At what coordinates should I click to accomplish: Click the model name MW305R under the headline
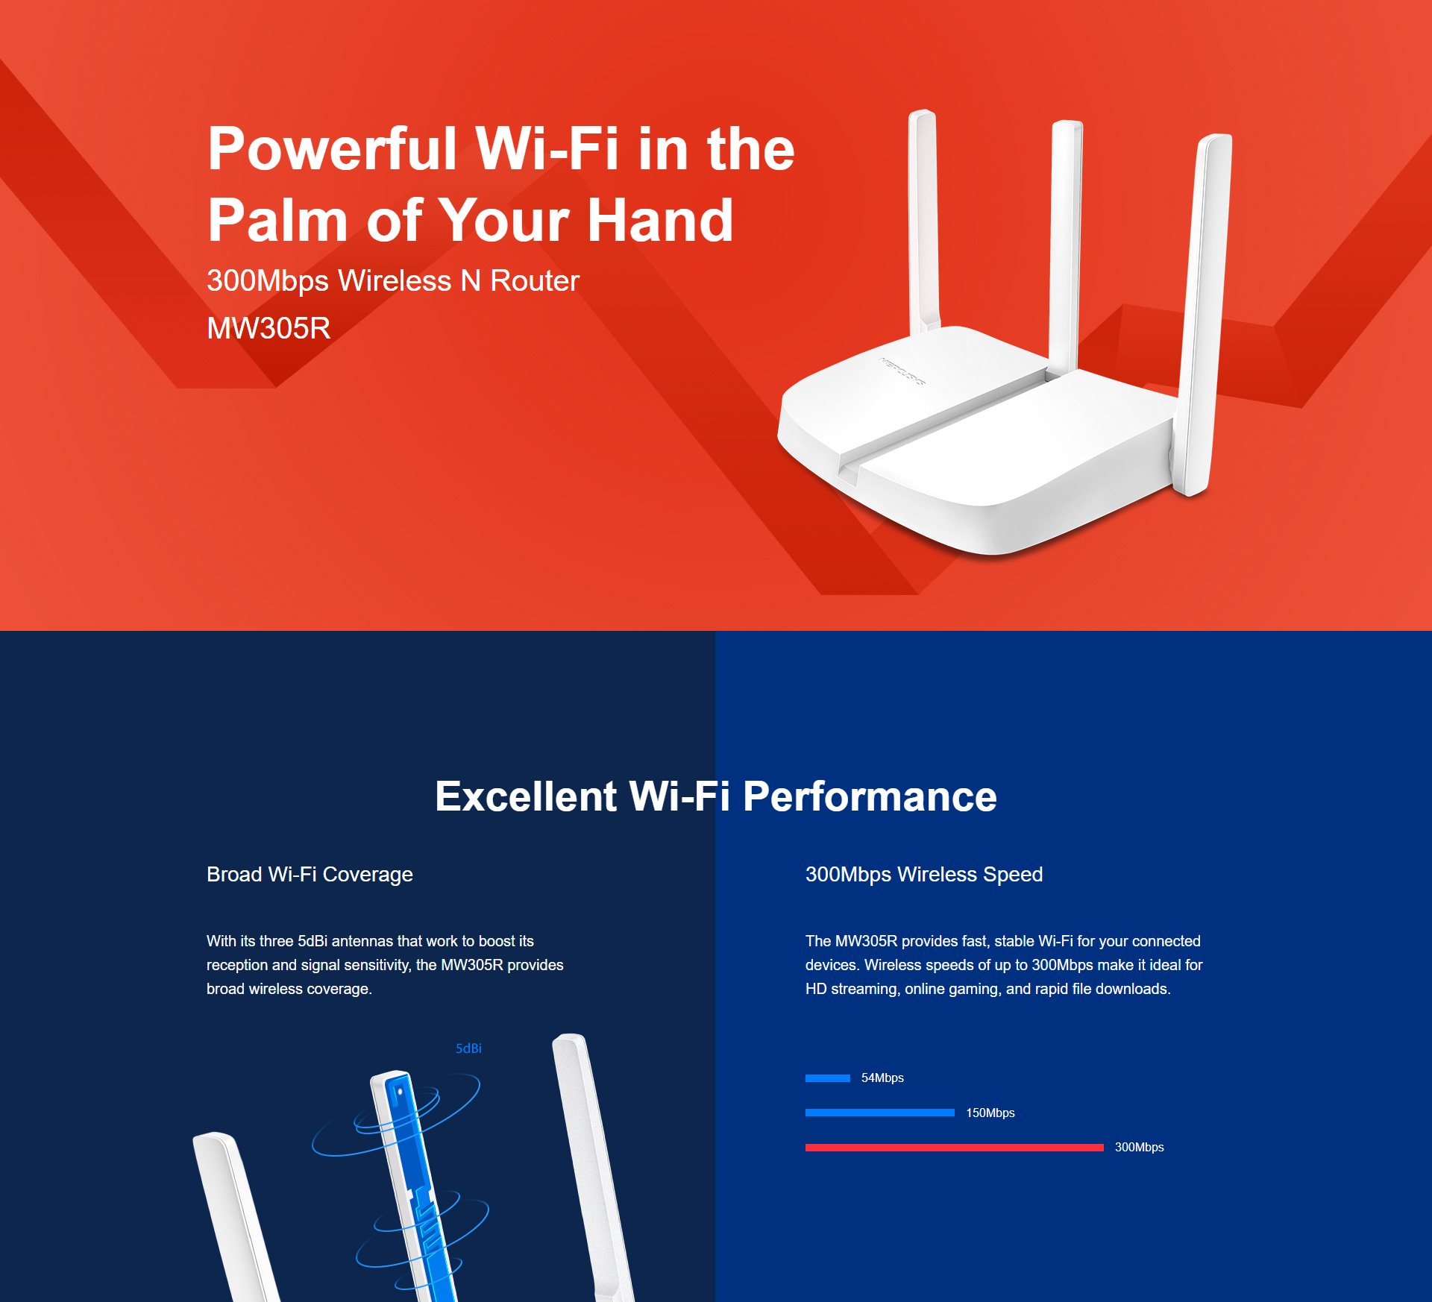[x=268, y=328]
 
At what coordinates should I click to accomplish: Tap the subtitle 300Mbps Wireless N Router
[x=393, y=281]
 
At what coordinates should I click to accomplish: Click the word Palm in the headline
[x=277, y=221]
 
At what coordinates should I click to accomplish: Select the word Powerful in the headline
[x=332, y=148]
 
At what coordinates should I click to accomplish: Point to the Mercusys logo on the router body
[x=902, y=371]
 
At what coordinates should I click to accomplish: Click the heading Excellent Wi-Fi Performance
[x=716, y=796]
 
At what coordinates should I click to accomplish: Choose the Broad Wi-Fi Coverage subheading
[x=310, y=874]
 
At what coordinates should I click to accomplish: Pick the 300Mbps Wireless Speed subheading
[x=924, y=874]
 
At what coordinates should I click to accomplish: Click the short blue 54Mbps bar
[x=828, y=1078]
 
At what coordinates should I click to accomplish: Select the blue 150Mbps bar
[x=880, y=1113]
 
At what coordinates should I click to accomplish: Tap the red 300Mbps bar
[x=955, y=1148]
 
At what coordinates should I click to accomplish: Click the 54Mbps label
[x=882, y=1078]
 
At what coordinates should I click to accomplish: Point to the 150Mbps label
[x=990, y=1113]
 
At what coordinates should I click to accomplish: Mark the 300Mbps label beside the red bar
[x=1140, y=1147]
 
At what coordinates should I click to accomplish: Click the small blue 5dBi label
[x=469, y=1048]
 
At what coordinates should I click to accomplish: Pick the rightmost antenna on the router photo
[x=1202, y=313]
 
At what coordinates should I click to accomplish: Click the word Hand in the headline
[x=660, y=221]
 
